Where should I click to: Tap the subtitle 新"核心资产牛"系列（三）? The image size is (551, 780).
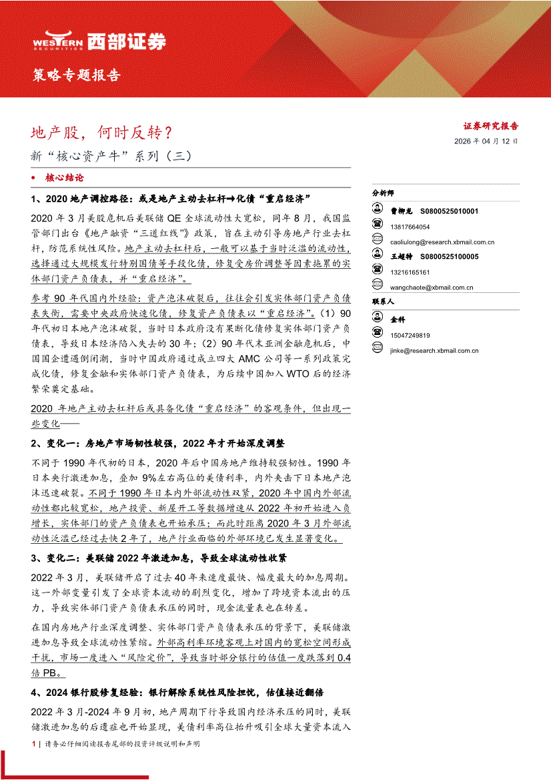(111, 157)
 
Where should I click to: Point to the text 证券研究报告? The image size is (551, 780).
(491, 125)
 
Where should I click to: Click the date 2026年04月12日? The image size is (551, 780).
(486, 141)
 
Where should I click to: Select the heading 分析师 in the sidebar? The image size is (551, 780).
(384, 193)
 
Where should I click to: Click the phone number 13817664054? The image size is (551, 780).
(410, 227)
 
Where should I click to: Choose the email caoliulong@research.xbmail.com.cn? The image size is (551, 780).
(442, 242)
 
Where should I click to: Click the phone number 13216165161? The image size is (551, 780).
(410, 272)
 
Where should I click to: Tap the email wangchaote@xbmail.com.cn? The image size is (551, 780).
(432, 288)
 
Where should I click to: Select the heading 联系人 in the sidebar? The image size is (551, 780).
(384, 303)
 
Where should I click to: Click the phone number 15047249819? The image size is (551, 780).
(410, 335)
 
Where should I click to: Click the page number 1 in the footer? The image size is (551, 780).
(33, 743)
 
